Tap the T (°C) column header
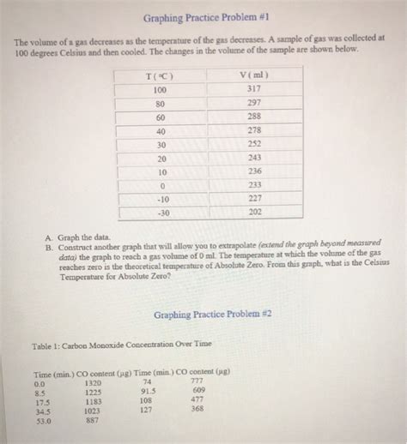pos(159,76)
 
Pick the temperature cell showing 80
pos(159,103)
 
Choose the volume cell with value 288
pos(255,116)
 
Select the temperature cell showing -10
pos(159,199)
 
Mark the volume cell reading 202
pos(255,213)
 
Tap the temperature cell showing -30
pos(159,213)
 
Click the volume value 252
pos(255,144)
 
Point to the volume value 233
pos(255,185)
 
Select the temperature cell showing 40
pos(159,130)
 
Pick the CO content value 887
pos(94,421)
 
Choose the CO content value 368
pos(197,409)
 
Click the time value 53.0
pos(42,421)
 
